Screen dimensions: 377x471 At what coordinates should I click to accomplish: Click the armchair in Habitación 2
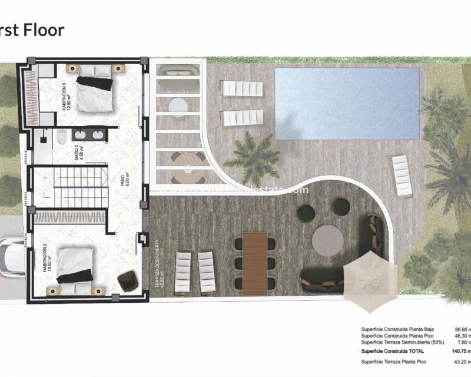pyautogui.click(x=126, y=283)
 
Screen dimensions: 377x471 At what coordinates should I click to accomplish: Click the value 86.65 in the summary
pyautogui.click(x=463, y=330)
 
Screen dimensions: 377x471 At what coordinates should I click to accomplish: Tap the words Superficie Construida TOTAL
pyautogui.click(x=389, y=351)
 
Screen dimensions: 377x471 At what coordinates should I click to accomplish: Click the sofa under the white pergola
pyautogui.click(x=177, y=74)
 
